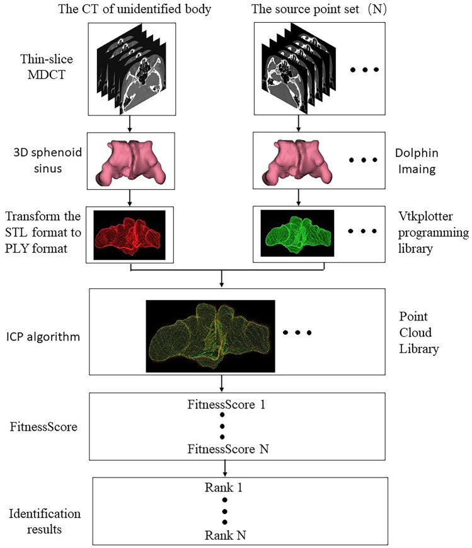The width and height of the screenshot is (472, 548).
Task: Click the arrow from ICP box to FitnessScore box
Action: point(222,383)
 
